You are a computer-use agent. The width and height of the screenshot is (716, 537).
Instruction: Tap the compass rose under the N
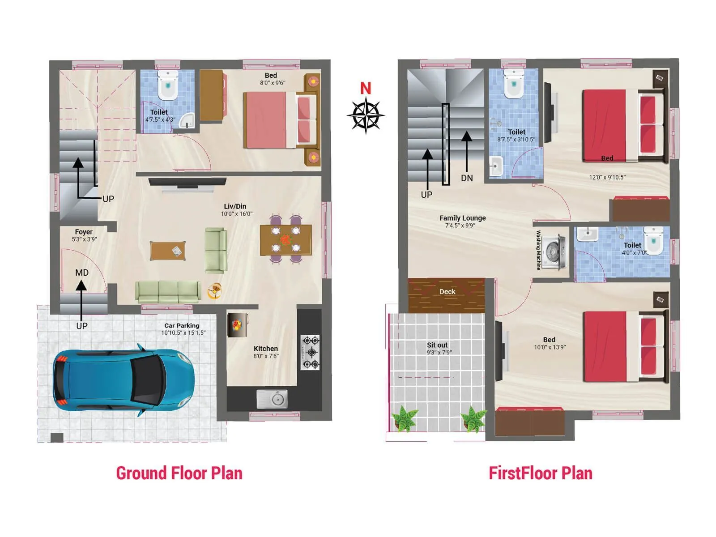(x=366, y=115)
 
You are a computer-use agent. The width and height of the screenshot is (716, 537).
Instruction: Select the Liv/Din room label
(x=235, y=206)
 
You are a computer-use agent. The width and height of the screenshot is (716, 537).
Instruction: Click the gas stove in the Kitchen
(x=310, y=352)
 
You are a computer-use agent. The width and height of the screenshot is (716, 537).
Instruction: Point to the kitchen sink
(x=272, y=398)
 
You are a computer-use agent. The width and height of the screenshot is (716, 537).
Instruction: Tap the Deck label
(x=447, y=292)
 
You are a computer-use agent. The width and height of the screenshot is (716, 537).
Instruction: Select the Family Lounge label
(x=462, y=218)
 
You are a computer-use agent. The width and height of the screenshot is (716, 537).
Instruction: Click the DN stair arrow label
(x=467, y=178)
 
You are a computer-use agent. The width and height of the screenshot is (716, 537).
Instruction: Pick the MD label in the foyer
(x=82, y=273)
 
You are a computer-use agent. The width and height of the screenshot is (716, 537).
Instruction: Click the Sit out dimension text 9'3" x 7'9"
(x=439, y=353)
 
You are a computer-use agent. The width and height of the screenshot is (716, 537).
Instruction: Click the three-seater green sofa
(x=168, y=292)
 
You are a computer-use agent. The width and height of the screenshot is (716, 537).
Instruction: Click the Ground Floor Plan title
(x=179, y=473)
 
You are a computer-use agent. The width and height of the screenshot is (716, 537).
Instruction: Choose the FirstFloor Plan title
(x=540, y=473)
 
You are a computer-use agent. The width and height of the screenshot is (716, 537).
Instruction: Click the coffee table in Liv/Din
(x=168, y=251)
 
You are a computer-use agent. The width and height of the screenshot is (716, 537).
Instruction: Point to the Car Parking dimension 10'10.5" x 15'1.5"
(x=183, y=333)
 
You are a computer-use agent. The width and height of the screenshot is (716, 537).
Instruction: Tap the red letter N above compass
(x=366, y=88)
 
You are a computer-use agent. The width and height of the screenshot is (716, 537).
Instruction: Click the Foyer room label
(x=84, y=232)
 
